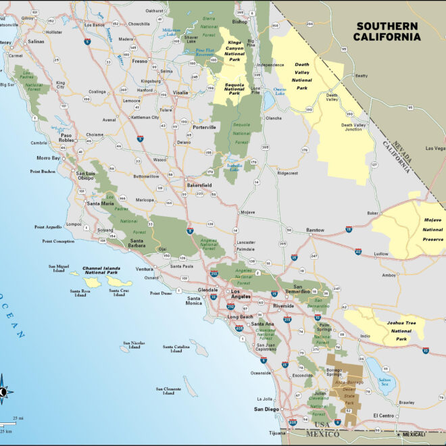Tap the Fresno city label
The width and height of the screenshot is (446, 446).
[140, 61]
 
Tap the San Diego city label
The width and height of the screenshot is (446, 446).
[266, 410]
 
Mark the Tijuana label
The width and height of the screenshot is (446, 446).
[277, 432]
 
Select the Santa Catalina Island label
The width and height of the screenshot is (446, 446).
[176, 348]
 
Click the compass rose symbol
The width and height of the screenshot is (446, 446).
[3, 391]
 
